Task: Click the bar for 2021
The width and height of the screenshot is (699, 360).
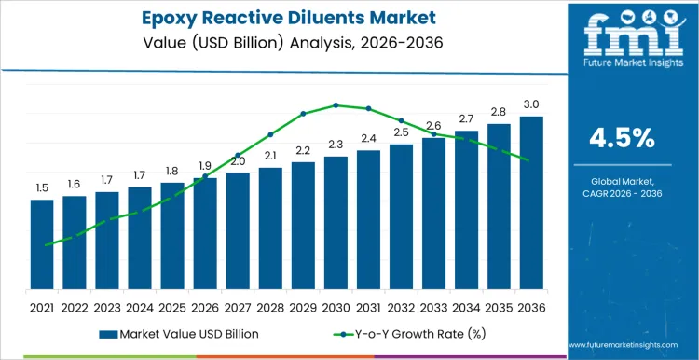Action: pos(42,244)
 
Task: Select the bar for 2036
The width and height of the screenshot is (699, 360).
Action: pos(531,202)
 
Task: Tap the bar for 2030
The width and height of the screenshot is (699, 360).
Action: pos(336,223)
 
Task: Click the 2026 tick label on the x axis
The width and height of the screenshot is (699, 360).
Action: pos(205,306)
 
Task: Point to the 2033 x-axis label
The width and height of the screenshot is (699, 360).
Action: pos(433,306)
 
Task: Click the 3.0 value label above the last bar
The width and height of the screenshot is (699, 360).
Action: pos(531,104)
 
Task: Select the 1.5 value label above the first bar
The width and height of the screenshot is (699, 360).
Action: pos(42,188)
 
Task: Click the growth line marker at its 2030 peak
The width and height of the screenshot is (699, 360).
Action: pos(336,105)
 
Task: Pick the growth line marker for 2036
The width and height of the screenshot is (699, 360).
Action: pos(528,160)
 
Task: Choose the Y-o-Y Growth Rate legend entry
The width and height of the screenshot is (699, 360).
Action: pos(400,333)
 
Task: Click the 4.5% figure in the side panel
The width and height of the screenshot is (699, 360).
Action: pos(623,138)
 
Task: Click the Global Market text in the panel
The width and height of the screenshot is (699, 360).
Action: pos(623,179)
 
